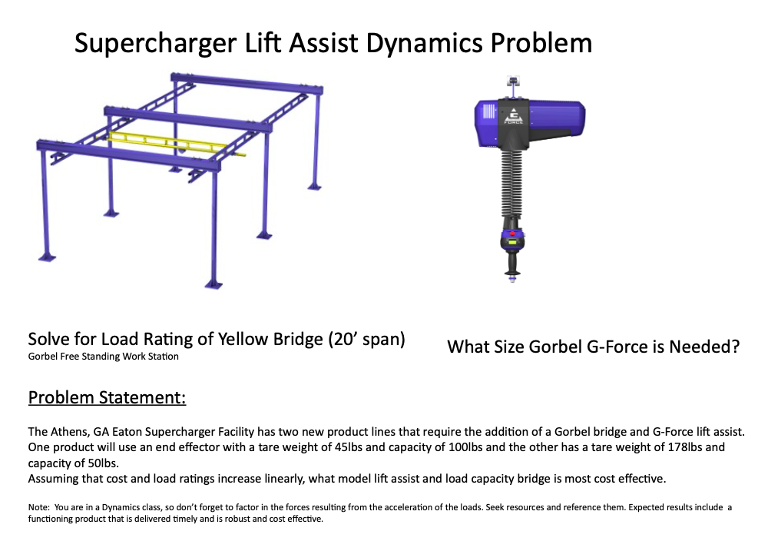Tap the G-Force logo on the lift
click(512, 113)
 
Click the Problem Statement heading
click(107, 398)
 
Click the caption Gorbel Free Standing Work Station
click(103, 357)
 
